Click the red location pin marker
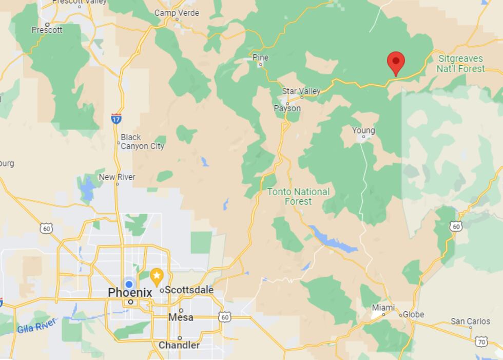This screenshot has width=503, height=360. tap(395, 63)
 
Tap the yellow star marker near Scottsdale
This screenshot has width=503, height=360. tap(157, 277)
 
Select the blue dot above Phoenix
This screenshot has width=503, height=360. tap(129, 284)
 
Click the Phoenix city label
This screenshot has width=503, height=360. tap(130, 293)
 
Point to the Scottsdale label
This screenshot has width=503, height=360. tap(189, 290)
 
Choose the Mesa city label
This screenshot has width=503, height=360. tap(181, 317)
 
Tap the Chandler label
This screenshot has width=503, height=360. tap(179, 345)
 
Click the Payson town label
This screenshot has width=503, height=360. tap(287, 108)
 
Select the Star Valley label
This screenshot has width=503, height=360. tap(301, 91)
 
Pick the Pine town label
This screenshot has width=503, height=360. tap(261, 56)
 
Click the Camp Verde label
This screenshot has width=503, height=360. tap(177, 13)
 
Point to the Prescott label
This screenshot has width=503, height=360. tap(47, 30)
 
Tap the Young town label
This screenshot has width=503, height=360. tap(363, 130)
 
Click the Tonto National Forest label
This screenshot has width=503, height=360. tap(298, 196)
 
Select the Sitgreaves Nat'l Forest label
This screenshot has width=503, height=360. tap(460, 64)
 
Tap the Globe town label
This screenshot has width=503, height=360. tap(413, 314)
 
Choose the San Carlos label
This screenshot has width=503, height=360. tap(471, 321)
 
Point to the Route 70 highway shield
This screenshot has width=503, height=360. tap(481, 342)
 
